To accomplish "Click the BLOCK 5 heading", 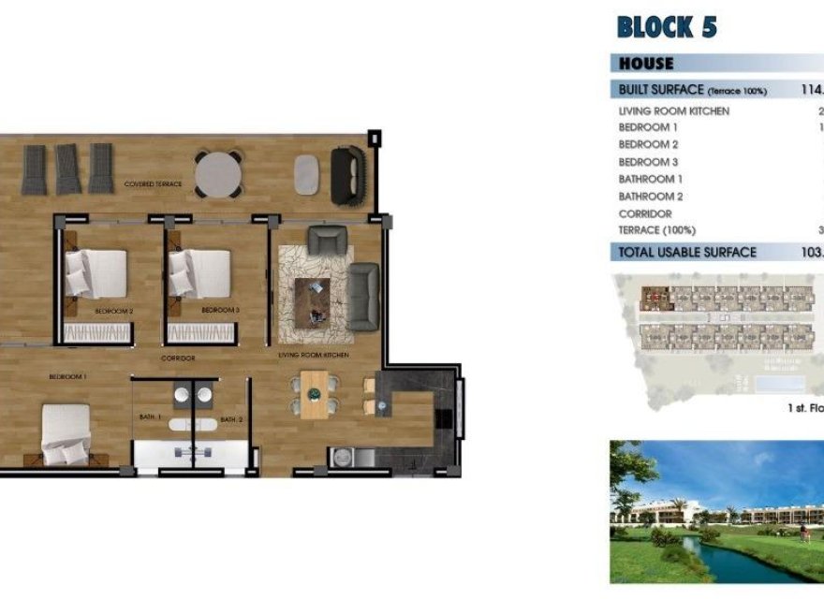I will (667, 26).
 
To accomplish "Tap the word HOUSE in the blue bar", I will (645, 64).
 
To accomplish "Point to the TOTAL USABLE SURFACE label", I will (687, 252).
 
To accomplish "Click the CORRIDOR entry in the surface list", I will (645, 213).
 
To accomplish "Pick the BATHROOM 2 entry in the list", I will (651, 197).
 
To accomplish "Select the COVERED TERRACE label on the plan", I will (153, 184).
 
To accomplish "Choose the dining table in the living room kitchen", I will (314, 392).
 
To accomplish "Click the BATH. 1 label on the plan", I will (152, 416).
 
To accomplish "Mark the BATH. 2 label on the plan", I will (231, 419).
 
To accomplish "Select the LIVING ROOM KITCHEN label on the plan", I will (314, 356).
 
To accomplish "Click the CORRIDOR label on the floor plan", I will (177, 358).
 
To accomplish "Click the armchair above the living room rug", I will (327, 241).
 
